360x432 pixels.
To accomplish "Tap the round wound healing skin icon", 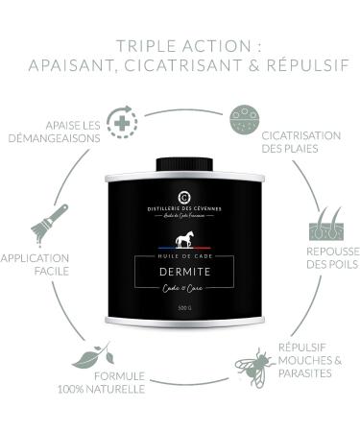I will [245, 121].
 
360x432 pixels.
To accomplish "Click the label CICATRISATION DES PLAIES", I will [300, 141].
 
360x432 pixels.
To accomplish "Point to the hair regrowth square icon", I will [321, 229].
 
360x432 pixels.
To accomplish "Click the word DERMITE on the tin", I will [180, 272].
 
